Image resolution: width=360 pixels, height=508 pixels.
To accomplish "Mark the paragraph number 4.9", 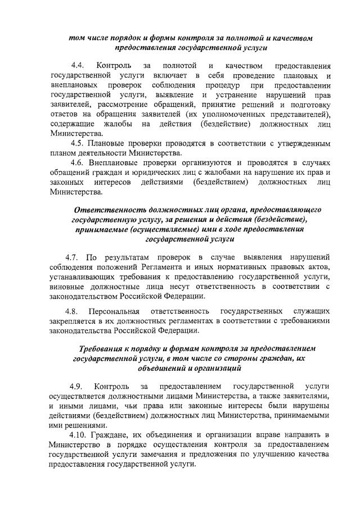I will [x=76, y=387].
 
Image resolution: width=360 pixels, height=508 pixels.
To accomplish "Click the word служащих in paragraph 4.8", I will [x=311, y=311].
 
